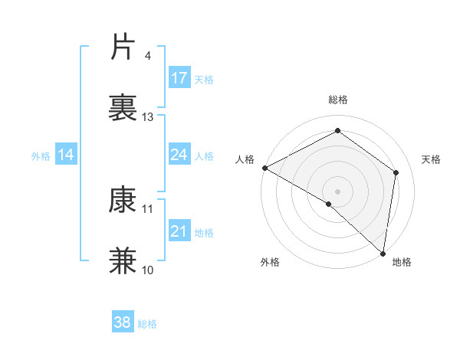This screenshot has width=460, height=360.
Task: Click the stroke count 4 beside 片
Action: point(148,56)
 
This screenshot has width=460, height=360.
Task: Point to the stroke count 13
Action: point(148,117)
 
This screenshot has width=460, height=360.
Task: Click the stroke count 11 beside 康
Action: point(148,208)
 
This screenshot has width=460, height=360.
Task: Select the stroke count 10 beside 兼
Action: point(148,270)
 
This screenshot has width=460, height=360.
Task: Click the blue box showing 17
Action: point(179,78)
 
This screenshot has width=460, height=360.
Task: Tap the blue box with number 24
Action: point(179,155)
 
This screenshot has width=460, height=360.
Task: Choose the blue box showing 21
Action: point(179,231)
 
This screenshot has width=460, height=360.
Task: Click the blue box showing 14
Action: point(66,155)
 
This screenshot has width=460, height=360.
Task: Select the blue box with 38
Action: point(123,322)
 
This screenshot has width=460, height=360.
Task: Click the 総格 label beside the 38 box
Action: point(147,324)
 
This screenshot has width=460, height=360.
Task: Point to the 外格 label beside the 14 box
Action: point(41,155)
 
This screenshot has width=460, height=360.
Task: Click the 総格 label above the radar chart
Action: point(338,100)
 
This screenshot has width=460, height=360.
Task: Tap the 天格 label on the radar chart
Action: point(432,159)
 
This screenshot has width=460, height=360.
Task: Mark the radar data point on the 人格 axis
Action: point(264,168)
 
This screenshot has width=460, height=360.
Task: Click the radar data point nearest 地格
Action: point(383,253)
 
